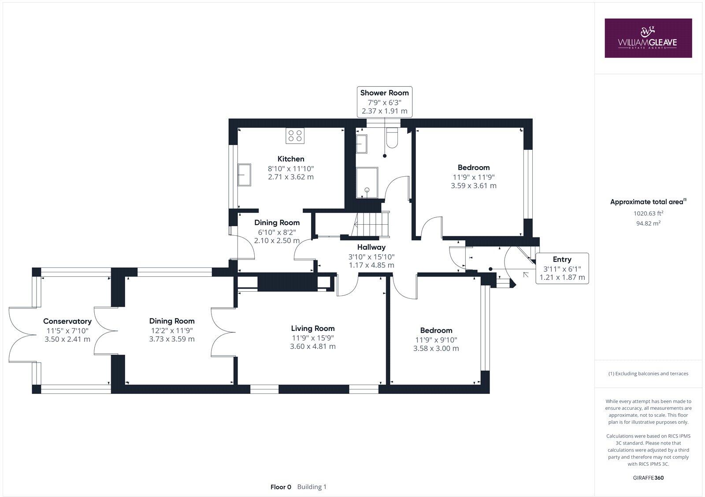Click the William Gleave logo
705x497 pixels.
648,38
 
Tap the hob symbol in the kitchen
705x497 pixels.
295,135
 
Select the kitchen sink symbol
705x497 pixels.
244,175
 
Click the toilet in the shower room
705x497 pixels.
391,138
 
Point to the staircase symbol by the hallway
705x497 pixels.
372,224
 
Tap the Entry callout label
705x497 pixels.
562,268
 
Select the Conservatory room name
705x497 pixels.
67,321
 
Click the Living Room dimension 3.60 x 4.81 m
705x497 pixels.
313,346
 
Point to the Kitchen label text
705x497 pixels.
291,159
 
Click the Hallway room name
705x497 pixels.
371,247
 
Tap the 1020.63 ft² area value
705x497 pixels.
648,213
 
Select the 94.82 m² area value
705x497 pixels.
648,223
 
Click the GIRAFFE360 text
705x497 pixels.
648,478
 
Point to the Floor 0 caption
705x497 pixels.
281,487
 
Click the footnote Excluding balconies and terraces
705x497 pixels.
648,373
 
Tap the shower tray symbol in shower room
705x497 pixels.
367,182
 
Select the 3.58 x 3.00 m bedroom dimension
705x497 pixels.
436,348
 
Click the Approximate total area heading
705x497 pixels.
647,202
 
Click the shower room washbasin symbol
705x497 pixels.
364,144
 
